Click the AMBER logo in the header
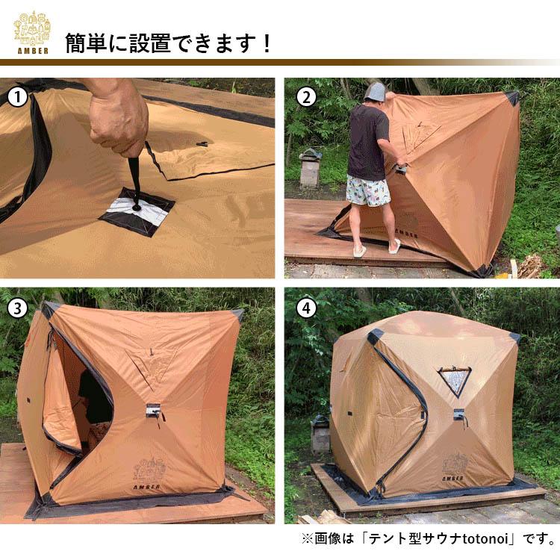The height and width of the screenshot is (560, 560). pyautogui.click(x=31, y=32)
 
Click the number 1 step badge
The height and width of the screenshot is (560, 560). pyautogui.click(x=17, y=96)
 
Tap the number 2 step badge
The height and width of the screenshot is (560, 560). pyautogui.click(x=304, y=96)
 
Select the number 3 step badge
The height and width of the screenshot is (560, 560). pyautogui.click(x=17, y=308)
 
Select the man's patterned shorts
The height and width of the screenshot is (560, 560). pyautogui.click(x=368, y=190)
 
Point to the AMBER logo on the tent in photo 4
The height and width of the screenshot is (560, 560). pyautogui.click(x=453, y=467)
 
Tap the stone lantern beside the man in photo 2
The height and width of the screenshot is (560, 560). pyautogui.click(x=310, y=167)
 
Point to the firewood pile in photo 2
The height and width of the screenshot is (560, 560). pyautogui.click(x=531, y=265)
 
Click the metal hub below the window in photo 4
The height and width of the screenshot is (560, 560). pyautogui.click(x=458, y=414)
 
